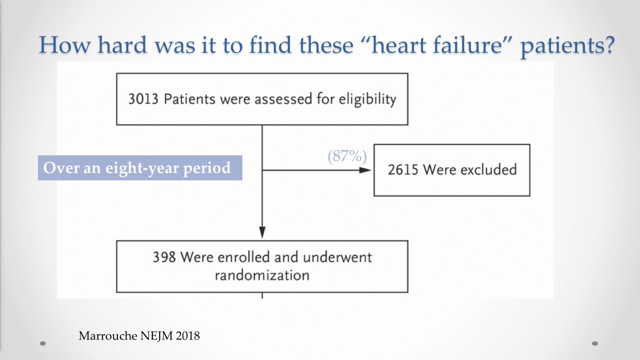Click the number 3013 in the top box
point(143,99)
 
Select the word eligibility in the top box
point(367,99)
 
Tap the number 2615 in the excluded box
point(402,169)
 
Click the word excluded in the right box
point(488,169)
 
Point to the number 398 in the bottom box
point(164,257)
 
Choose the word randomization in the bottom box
point(262,275)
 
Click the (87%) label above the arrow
point(347,156)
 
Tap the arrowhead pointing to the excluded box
point(365,170)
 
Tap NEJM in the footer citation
point(156,336)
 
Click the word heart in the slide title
point(398,45)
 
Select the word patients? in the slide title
point(567,45)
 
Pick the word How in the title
point(65,45)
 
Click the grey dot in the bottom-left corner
point(43,343)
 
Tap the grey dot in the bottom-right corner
point(595,343)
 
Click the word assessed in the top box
point(283,99)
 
